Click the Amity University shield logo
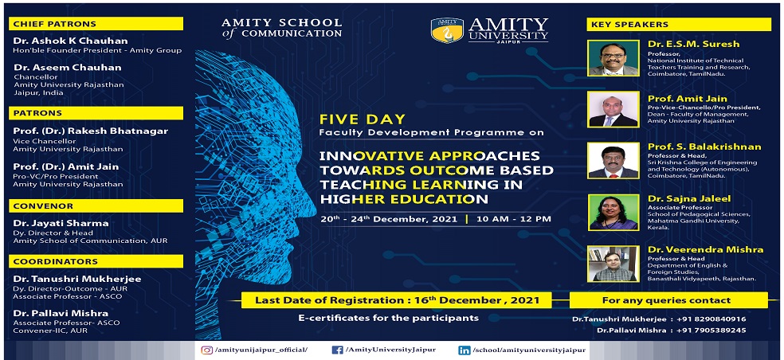447,30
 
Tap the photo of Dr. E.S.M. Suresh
613,58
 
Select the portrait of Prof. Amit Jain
613,109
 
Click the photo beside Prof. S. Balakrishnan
613,161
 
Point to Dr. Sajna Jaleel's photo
613,212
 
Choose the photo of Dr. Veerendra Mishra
613,264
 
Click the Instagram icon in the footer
206,350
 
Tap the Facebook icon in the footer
337,350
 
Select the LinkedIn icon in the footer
464,350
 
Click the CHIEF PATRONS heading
54,24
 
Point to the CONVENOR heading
43,206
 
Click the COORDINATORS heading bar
96,261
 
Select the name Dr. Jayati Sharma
61,224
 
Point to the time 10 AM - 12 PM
513,219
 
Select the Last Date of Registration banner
397,300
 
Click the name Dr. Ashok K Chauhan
71,41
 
